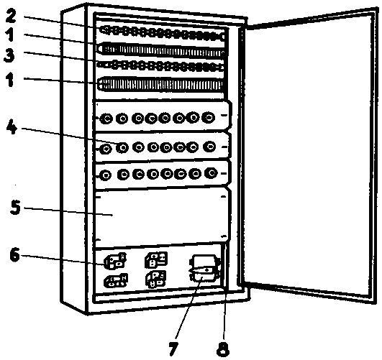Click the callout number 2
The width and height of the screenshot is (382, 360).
click(11, 17)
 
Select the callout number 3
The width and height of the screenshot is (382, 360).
click(10, 55)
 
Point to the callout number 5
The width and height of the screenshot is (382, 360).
click(15, 208)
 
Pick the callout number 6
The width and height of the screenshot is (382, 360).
click(14, 255)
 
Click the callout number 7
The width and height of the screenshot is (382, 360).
click(173, 349)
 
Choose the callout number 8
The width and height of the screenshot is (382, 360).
click(223, 350)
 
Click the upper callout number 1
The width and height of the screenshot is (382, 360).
click(10, 34)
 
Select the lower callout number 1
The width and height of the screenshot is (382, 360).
click(10, 80)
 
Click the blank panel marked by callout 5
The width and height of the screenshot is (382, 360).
click(161, 216)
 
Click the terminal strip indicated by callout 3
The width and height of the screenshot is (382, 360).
click(161, 66)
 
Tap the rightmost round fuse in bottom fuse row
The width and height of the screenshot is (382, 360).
click(212, 173)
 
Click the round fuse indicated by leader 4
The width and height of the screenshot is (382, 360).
click(122, 147)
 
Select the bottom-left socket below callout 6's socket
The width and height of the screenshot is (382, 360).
click(116, 280)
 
